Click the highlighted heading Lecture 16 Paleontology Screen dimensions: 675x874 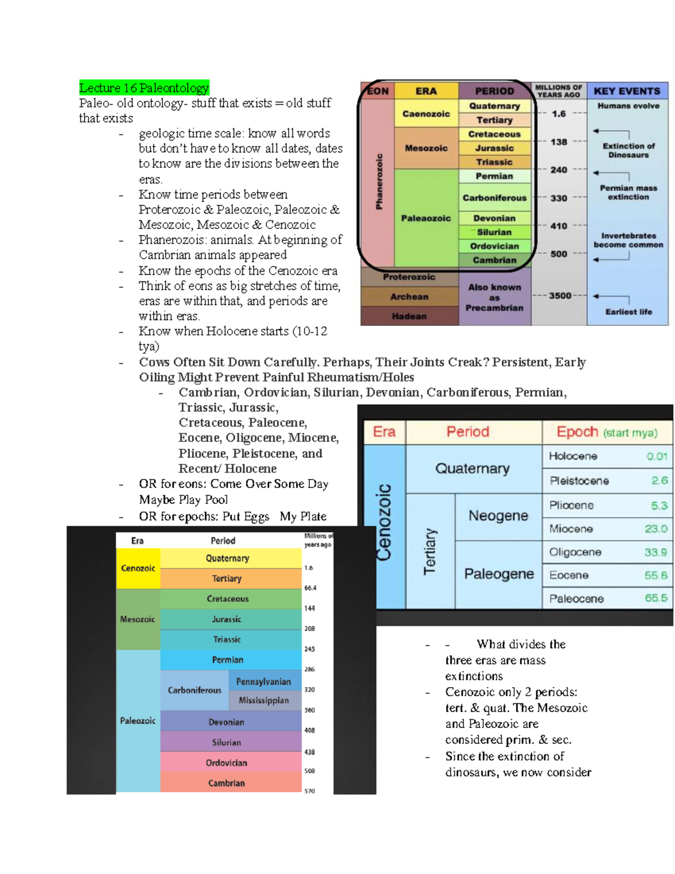click(x=144, y=88)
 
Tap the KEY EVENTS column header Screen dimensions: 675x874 click(x=627, y=91)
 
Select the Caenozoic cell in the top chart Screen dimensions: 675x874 click(x=426, y=114)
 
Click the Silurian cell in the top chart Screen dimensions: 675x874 click(x=494, y=232)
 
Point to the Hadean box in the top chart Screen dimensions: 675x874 click(x=409, y=316)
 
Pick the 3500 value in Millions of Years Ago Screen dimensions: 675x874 click(x=560, y=295)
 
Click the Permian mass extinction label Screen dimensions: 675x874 click(x=628, y=192)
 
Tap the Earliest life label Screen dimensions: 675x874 click(x=628, y=312)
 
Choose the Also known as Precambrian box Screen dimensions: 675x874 click(x=494, y=297)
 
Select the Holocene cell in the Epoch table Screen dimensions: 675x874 click(x=573, y=456)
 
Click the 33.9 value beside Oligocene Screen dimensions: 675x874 click(x=655, y=552)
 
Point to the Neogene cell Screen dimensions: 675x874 click(x=498, y=516)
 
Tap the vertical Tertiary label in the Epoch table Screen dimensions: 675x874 click(x=430, y=551)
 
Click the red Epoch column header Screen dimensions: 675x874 click(x=577, y=432)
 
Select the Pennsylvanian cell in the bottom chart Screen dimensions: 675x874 click(x=263, y=682)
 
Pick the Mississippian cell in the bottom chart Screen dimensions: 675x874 click(x=263, y=700)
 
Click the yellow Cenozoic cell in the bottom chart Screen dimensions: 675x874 click(x=138, y=568)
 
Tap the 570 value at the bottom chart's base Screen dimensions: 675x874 click(x=309, y=791)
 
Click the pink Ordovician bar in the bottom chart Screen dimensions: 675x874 click(x=226, y=763)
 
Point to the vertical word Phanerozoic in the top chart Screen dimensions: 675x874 click(x=379, y=181)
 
